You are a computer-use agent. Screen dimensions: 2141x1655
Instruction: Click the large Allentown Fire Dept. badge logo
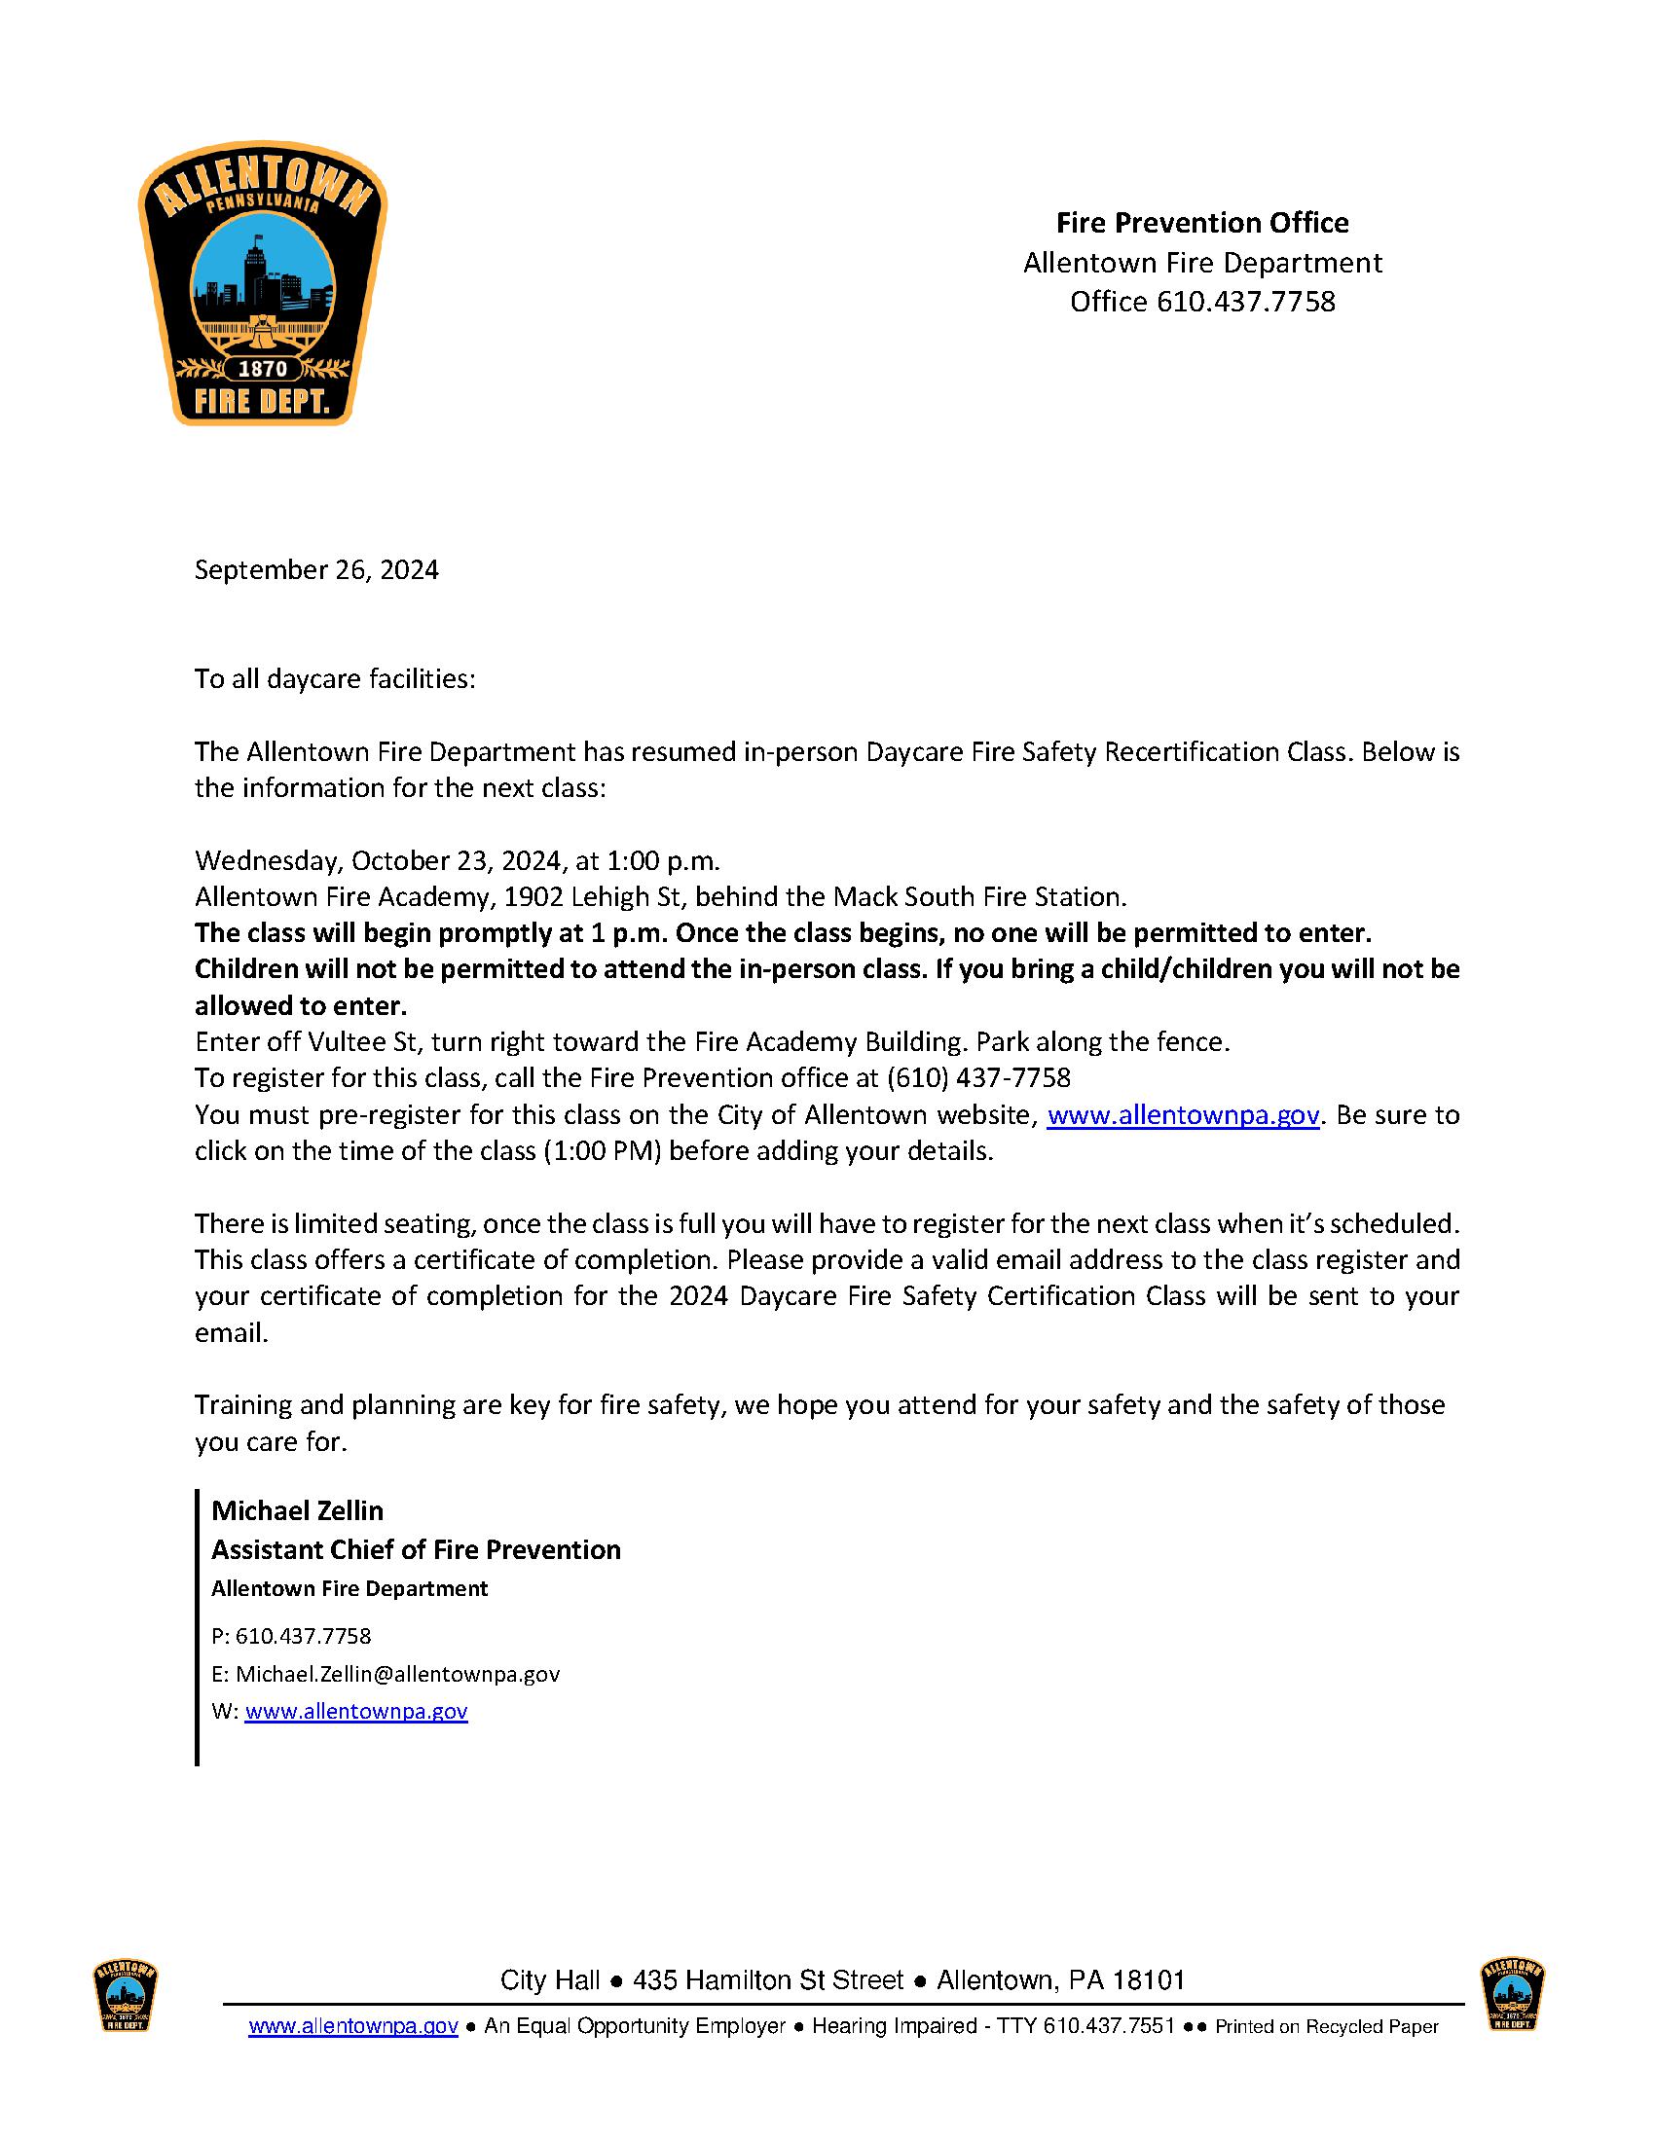click(262, 288)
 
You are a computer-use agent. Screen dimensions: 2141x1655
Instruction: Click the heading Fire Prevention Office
click(1201, 223)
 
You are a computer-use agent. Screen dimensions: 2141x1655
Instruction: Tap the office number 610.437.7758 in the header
click(1246, 301)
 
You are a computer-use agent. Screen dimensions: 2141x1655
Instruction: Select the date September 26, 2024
click(315, 569)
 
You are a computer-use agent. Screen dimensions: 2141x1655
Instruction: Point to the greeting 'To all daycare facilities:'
click(334, 678)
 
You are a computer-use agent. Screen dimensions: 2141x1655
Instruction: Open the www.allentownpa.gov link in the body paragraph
click(1184, 1114)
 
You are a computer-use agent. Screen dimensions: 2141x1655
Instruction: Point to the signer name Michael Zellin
click(297, 1509)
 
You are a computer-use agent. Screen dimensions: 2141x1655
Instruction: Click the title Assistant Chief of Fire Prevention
click(416, 1549)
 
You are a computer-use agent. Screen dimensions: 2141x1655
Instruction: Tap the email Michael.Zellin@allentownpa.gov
click(397, 1674)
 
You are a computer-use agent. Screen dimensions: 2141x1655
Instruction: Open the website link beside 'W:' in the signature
click(356, 1711)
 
